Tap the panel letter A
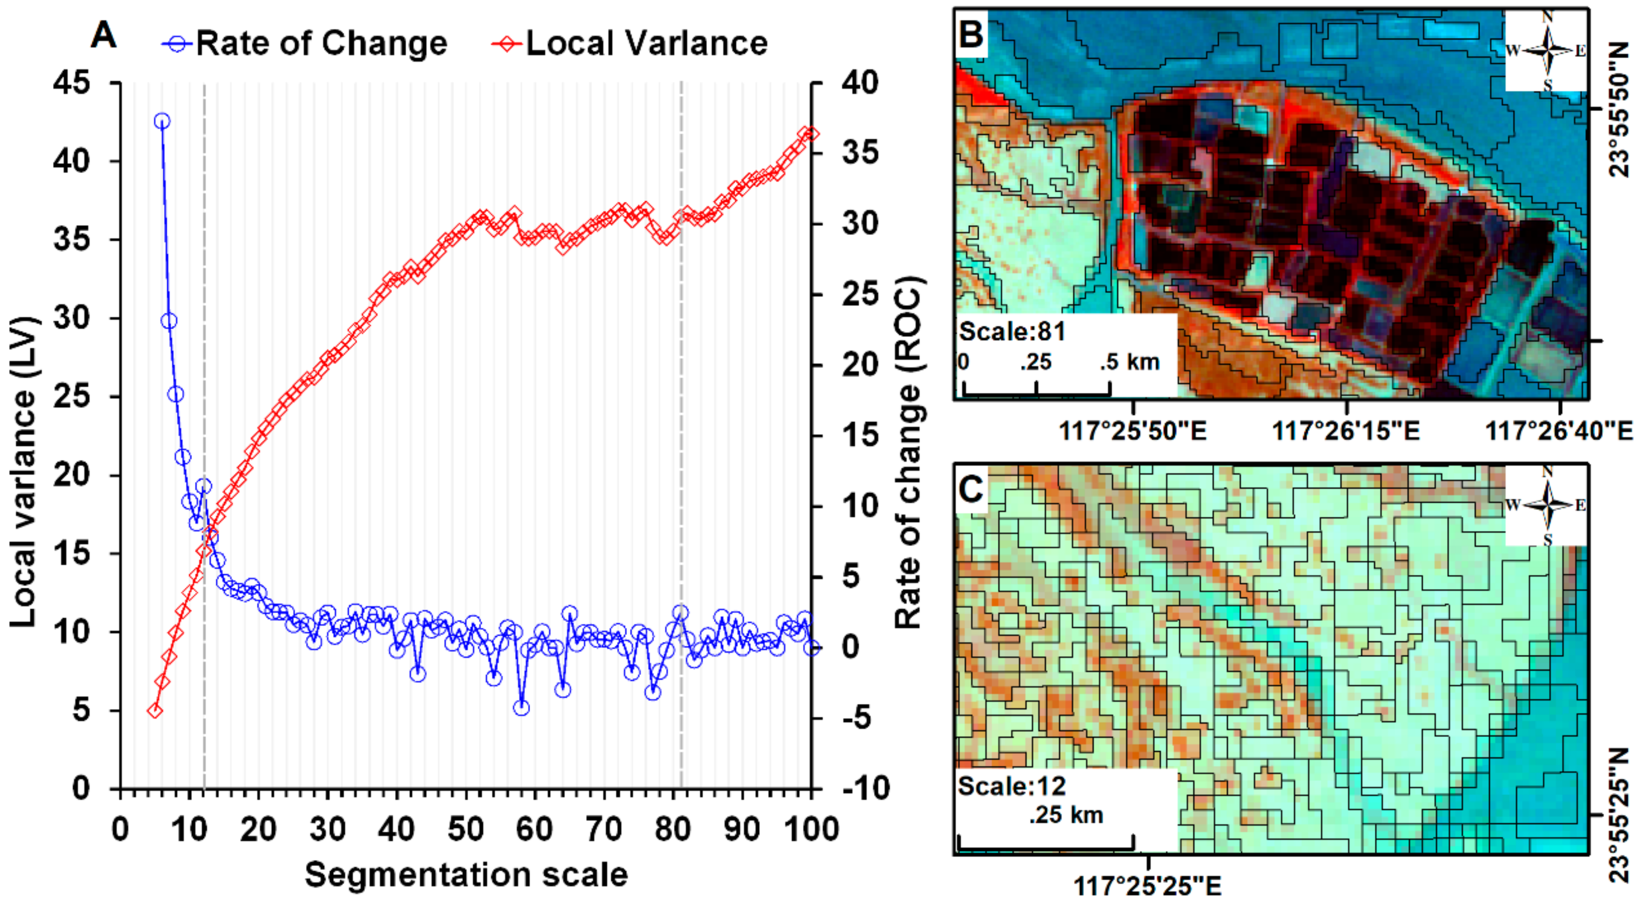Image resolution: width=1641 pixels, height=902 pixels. pyautogui.click(x=103, y=35)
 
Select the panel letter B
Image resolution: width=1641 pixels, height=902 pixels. pyautogui.click(x=971, y=33)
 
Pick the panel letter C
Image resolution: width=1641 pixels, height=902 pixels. pyautogui.click(x=971, y=489)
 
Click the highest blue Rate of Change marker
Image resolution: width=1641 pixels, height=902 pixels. pyautogui.click(x=162, y=121)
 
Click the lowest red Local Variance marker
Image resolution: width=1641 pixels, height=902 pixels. pyautogui.click(x=154, y=710)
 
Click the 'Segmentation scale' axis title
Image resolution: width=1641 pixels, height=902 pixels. pyautogui.click(x=466, y=875)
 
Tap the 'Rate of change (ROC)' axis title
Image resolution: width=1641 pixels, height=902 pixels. pyautogui.click(x=908, y=452)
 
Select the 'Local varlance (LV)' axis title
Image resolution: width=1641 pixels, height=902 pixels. pyautogui.click(x=24, y=471)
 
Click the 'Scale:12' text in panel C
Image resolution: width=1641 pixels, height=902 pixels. pyautogui.click(x=1012, y=786)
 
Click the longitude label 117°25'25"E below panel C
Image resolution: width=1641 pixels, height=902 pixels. pyautogui.click(x=1148, y=886)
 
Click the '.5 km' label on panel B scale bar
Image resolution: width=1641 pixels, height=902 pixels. pyautogui.click(x=1129, y=362)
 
